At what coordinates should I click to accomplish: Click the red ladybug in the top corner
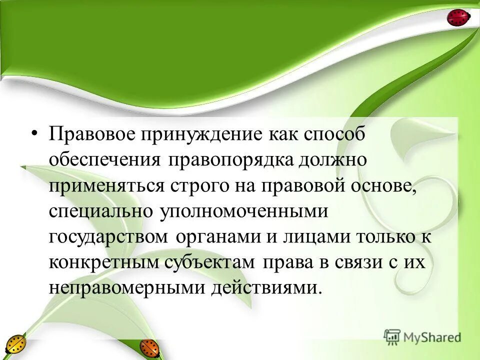[x=458, y=17]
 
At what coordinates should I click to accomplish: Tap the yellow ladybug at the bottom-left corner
[x=15, y=345]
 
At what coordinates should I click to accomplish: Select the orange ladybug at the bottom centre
[x=149, y=347]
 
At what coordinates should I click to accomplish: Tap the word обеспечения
[x=104, y=160]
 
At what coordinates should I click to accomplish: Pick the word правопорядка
[x=225, y=160]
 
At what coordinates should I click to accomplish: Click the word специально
[x=100, y=211]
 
